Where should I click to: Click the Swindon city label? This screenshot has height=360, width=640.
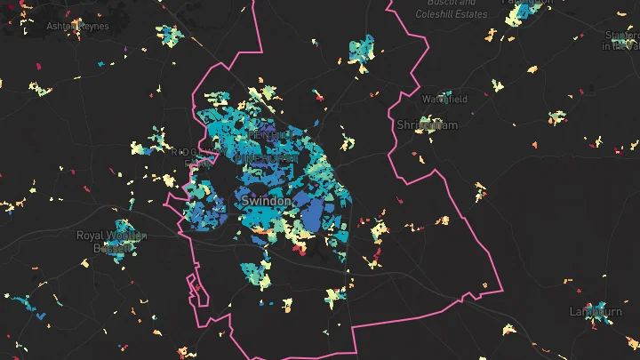click(x=266, y=202)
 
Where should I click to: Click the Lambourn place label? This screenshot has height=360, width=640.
click(x=596, y=311)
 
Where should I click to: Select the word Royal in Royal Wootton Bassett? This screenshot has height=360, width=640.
click(x=91, y=236)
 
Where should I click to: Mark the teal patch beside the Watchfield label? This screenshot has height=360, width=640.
click(x=460, y=97)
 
